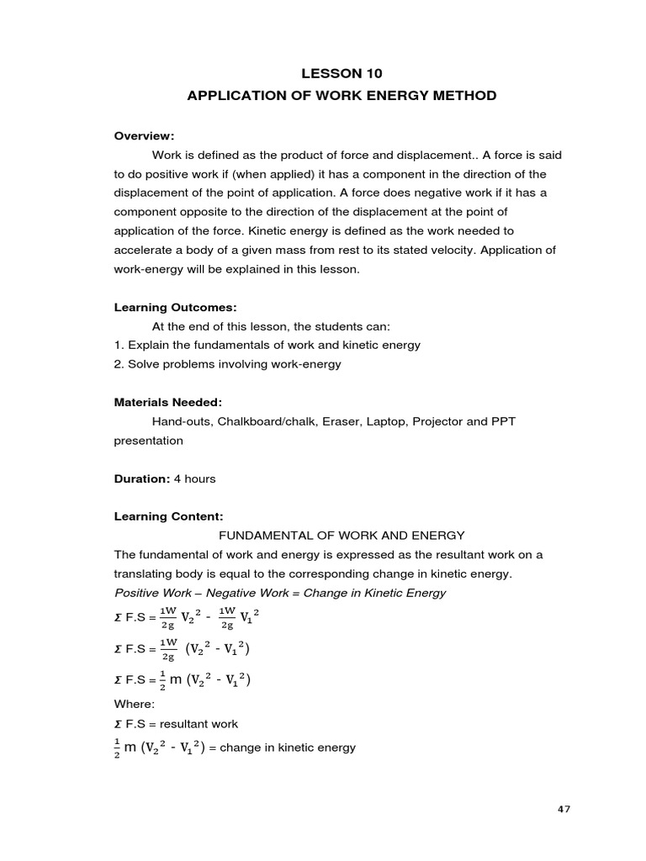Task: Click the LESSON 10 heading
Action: click(341, 73)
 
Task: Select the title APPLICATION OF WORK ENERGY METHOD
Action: click(341, 96)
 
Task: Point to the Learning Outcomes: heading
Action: click(169, 308)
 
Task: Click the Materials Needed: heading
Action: click(167, 403)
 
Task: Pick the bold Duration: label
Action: click(142, 478)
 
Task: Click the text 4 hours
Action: click(194, 478)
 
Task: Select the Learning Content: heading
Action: click(169, 516)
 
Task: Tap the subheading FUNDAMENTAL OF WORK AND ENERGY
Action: click(342, 536)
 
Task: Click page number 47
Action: click(564, 809)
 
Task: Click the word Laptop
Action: click(385, 421)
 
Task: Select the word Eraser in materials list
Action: click(337, 421)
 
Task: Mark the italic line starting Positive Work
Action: click(280, 593)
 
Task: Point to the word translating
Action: click(147, 573)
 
